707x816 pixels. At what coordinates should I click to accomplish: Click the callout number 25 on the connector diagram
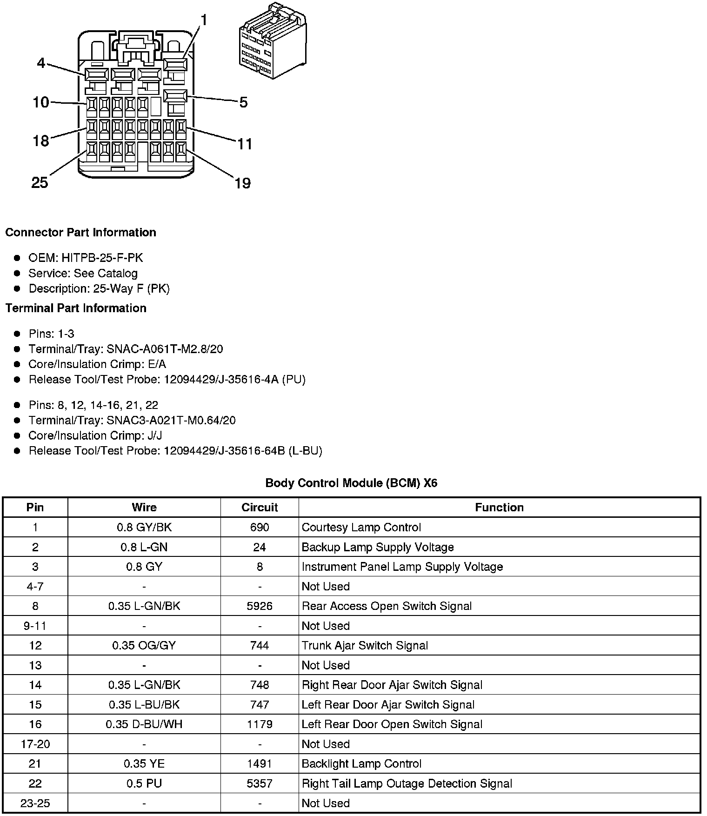coord(40,182)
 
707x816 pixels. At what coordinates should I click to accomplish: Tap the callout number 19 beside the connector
coord(242,183)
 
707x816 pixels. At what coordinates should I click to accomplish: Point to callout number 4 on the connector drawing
coord(41,63)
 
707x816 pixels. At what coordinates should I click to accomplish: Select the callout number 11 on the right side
coord(245,144)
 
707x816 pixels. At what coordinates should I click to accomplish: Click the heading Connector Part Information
coord(80,233)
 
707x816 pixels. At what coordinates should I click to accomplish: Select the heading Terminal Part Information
coord(76,308)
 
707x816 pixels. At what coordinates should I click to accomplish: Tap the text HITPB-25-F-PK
coord(102,258)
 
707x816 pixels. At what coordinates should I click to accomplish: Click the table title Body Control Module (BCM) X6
coord(351,483)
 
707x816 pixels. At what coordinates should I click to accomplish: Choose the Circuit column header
coord(260,508)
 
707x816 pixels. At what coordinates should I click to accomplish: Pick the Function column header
coord(499,508)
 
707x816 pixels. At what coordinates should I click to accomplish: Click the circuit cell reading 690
coord(260,527)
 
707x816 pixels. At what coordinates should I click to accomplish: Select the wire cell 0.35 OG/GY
coord(144,645)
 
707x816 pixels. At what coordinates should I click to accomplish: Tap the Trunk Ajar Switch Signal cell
coord(365,645)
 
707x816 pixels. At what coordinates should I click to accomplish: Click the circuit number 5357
coord(260,783)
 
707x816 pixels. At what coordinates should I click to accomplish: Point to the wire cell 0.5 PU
coord(144,783)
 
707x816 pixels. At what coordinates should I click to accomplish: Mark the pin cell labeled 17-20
coord(35,744)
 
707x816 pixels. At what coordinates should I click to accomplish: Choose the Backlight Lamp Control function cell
coord(361,763)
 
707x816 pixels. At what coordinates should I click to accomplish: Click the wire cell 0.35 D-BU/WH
coord(144,724)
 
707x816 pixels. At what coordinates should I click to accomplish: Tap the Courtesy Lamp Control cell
coord(361,527)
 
